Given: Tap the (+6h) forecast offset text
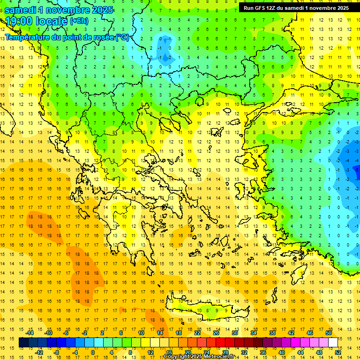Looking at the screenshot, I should [78, 21].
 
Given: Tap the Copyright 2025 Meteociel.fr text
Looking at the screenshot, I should [199, 357].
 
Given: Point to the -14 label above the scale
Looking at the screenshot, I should [30, 333].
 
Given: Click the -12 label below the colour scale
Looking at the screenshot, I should [39, 352].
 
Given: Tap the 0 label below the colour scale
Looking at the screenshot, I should [93, 352].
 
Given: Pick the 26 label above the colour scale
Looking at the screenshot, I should [216, 333].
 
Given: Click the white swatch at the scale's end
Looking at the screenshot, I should [333, 343].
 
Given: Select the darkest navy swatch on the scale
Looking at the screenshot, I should [23, 343].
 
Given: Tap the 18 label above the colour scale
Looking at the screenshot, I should [179, 333].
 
